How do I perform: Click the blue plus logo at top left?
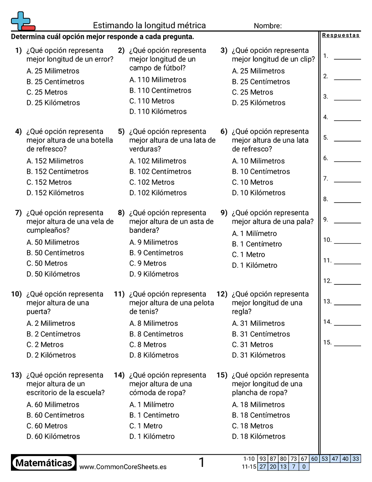click(x=21, y=21)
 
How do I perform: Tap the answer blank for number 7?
click(x=347, y=181)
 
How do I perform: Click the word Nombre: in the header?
click(x=268, y=26)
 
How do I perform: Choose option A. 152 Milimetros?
click(x=55, y=161)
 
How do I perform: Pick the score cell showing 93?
click(x=263, y=459)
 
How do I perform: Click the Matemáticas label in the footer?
click(x=44, y=463)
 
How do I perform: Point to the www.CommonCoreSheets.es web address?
click(x=123, y=467)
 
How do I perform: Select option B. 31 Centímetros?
click(x=261, y=334)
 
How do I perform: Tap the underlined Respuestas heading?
click(x=341, y=36)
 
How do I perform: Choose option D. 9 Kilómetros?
click(x=154, y=274)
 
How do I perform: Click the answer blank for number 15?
click(x=347, y=345)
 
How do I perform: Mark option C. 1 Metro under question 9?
click(x=248, y=255)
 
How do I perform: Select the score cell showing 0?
click(x=304, y=466)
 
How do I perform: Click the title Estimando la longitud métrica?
click(x=150, y=26)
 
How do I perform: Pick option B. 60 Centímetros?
click(x=55, y=415)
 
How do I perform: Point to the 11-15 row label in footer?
click(x=248, y=466)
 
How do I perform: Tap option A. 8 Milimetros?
click(x=154, y=324)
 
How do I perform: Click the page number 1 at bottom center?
click(x=201, y=463)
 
